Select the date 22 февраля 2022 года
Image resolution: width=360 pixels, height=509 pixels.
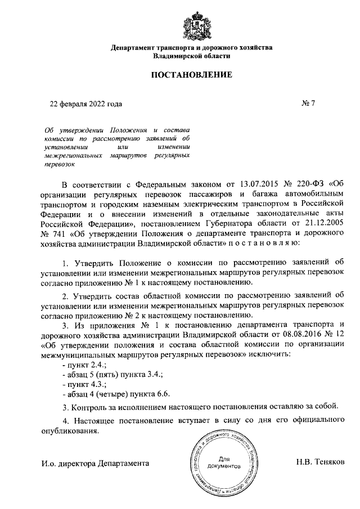85,104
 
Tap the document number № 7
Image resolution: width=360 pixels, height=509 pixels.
309,104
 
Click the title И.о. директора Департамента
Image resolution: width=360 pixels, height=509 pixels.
95,464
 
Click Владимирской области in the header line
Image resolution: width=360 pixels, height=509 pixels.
191,57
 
